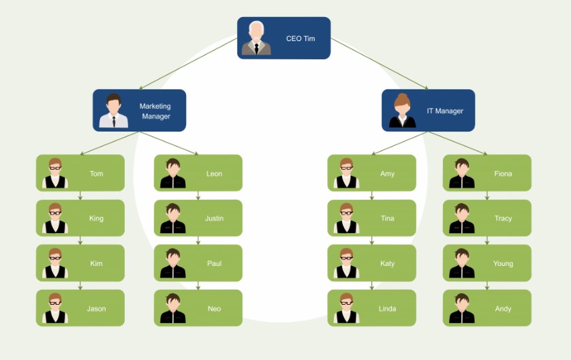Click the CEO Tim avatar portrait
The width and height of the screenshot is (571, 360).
point(256,38)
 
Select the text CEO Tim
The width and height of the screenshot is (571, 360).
point(300,39)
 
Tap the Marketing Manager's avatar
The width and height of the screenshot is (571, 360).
point(113,111)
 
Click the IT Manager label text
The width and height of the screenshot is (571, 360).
point(445,111)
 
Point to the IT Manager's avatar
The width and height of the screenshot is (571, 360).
point(402,111)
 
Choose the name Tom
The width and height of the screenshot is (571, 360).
point(97,174)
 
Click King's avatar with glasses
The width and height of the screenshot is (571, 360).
point(55,218)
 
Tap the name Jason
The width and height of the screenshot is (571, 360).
point(96,309)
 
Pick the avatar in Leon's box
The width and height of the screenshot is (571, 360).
point(173,173)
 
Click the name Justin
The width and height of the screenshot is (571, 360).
point(214,219)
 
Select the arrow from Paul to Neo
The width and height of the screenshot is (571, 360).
point(198,286)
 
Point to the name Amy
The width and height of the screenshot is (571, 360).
point(387,174)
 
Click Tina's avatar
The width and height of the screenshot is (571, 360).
point(346,218)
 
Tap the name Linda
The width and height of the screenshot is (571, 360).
point(387,309)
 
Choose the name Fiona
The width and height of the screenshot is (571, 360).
point(503,174)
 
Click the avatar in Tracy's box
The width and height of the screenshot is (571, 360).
point(462,218)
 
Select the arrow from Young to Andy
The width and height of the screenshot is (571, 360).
point(487,286)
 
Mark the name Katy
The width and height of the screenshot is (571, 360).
point(387,264)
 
